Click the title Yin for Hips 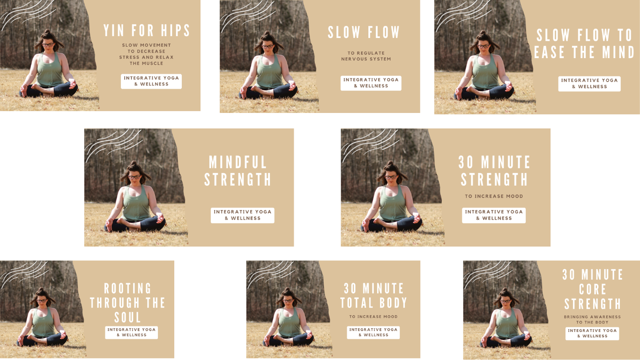tap(147, 30)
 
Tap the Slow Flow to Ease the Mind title tap(584, 44)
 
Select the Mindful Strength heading tap(238, 171)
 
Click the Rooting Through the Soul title tap(127, 303)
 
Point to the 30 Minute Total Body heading tap(374, 296)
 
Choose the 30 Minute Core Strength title tap(593, 289)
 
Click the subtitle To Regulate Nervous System tap(366, 56)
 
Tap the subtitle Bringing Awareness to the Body tap(592, 319)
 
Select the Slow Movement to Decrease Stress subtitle tap(146, 54)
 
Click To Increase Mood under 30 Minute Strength tap(494, 196)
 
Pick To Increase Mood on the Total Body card tap(373, 316)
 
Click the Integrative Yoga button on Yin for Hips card tap(151, 81)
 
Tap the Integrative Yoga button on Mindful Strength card tap(243, 215)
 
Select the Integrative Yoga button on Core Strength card tap(592, 333)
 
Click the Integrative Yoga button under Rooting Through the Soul tap(132, 332)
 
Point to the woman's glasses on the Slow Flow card tap(268, 46)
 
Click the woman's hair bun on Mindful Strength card tap(133, 164)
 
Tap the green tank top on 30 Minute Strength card tap(393, 203)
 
